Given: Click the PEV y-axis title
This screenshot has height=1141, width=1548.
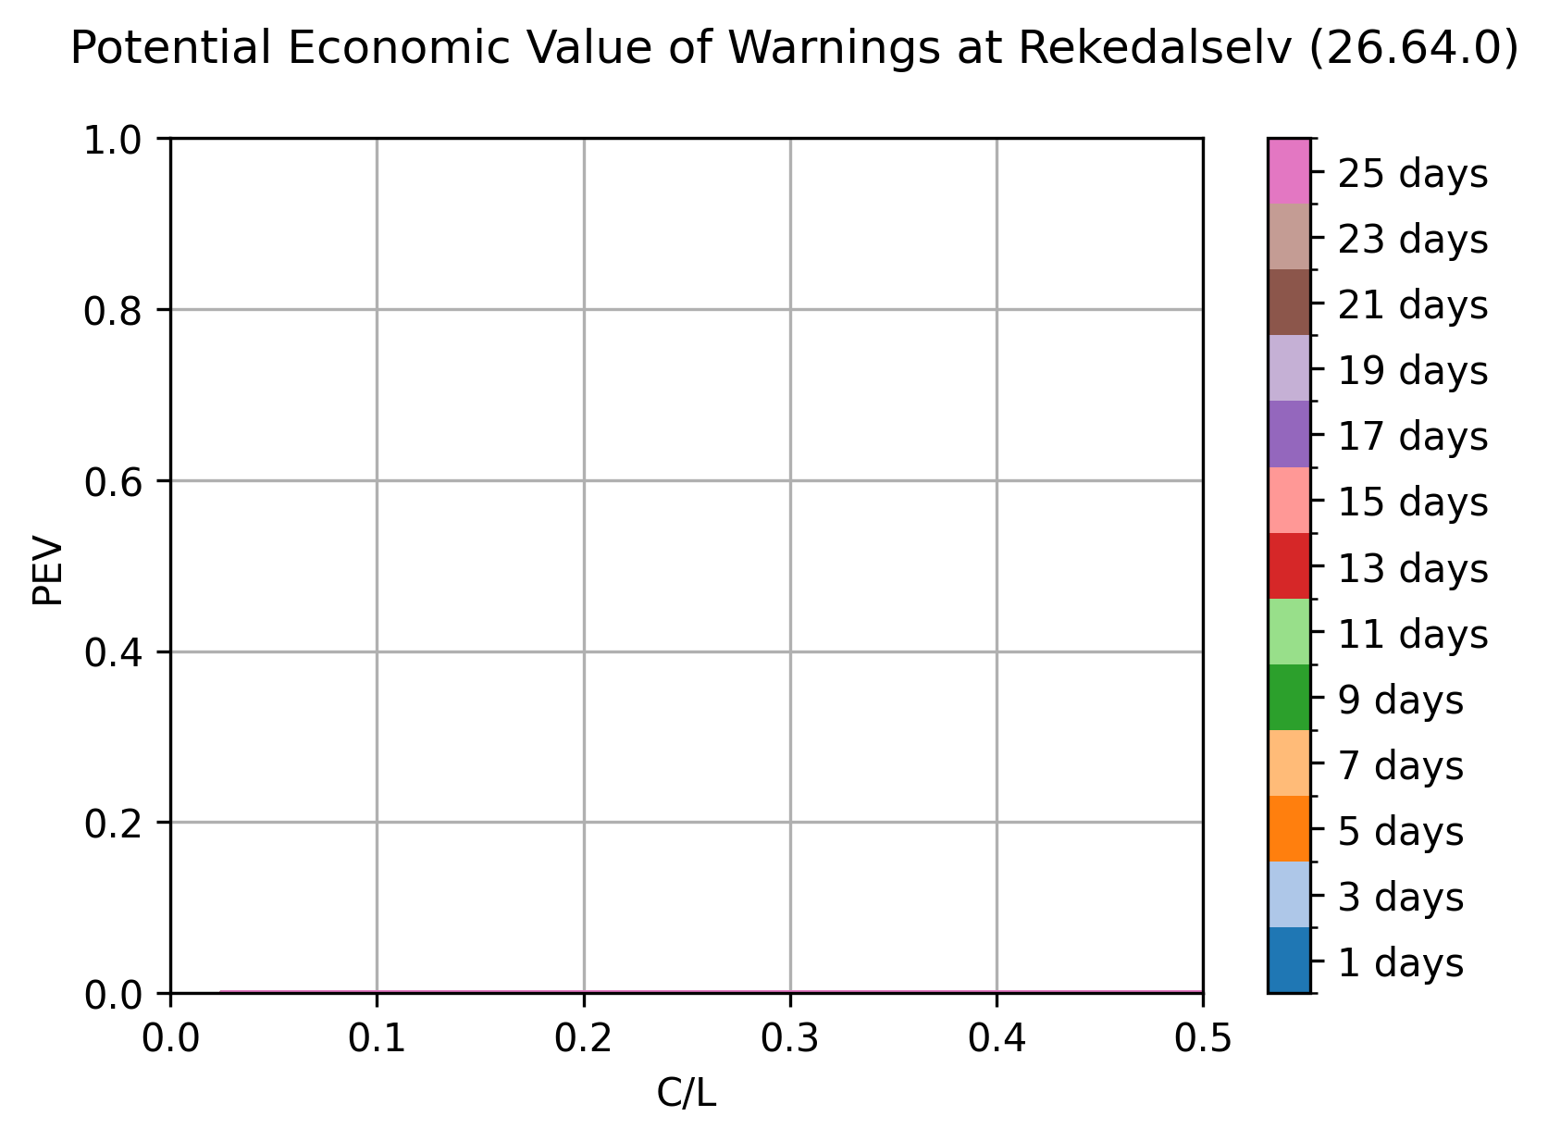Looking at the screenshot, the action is (48, 570).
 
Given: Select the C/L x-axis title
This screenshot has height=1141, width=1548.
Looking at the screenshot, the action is (687, 1094).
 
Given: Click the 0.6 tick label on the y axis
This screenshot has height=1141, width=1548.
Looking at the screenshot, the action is (113, 482).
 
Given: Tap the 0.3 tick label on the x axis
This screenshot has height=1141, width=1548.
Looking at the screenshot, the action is (790, 1038).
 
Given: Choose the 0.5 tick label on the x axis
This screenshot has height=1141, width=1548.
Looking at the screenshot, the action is (1203, 1038).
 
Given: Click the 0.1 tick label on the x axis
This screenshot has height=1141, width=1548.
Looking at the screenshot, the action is (377, 1038).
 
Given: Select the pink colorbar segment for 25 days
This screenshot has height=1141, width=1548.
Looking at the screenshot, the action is (1290, 171).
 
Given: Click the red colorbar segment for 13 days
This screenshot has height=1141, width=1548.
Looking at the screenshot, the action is (1290, 566).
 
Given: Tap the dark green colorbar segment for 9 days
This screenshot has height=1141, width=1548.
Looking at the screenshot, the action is (1290, 698).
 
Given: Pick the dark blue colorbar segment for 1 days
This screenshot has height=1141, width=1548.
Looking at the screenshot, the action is (1290, 960).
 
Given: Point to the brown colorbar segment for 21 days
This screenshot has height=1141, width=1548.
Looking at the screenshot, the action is (1290, 303).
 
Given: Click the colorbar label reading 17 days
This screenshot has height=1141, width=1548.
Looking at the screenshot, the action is (1413, 437).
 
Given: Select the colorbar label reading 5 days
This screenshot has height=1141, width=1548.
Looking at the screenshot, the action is (1401, 831).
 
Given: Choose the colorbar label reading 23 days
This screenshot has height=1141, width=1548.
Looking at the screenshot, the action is (1413, 240).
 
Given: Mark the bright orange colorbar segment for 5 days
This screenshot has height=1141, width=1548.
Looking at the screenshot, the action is (1290, 828).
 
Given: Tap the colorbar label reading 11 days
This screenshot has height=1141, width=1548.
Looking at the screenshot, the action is (1413, 635).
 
